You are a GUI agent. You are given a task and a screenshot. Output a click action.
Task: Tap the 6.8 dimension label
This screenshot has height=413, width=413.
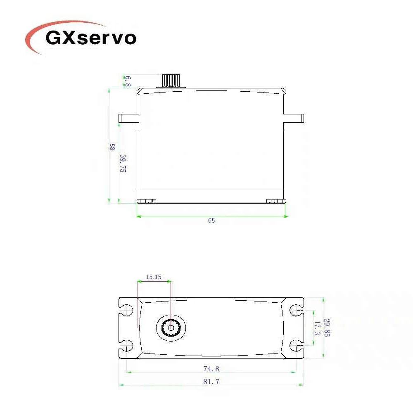(128, 81)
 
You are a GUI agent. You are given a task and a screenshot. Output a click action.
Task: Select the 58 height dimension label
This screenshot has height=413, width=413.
(112, 147)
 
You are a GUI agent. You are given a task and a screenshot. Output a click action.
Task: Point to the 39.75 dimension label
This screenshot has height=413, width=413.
(123, 163)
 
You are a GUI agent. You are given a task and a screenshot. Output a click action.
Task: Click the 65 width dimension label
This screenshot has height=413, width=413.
(211, 221)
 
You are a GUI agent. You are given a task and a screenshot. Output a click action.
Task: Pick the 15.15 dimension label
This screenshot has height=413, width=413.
(153, 277)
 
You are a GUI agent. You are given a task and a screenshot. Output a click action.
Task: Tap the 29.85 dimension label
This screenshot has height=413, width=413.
(327, 327)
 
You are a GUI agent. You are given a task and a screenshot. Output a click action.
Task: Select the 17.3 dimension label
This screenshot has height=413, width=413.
(317, 328)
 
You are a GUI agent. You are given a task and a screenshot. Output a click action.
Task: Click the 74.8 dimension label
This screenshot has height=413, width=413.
(211, 368)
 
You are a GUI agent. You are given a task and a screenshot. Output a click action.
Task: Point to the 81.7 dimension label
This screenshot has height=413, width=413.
(211, 382)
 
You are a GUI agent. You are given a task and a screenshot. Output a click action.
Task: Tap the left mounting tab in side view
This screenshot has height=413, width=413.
(128, 118)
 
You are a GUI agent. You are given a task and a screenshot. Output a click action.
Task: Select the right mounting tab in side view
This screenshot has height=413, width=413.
(294, 118)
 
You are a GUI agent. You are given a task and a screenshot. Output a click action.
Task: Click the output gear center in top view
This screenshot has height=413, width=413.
(171, 328)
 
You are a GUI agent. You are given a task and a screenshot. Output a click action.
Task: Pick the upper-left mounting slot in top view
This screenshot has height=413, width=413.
(126, 310)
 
